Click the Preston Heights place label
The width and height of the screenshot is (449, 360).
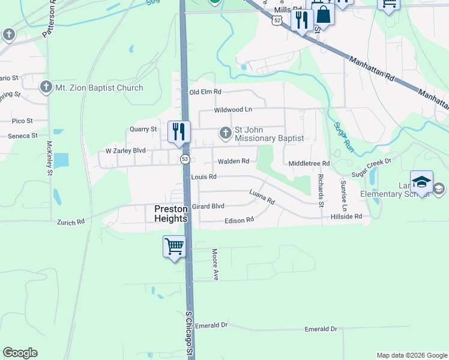tap(171, 214)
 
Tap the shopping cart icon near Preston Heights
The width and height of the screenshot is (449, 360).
tap(174, 246)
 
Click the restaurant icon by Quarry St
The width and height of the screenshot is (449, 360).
tap(178, 131)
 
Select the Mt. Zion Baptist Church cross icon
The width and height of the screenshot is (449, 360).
tap(46, 88)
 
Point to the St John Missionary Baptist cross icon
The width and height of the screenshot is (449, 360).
tap(226, 132)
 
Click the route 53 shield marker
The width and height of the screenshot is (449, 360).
tap(185, 159)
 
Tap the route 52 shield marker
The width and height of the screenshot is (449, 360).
tap(276, 20)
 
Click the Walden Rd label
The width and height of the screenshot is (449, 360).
tap(234, 161)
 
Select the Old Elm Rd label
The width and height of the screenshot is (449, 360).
tap(205, 92)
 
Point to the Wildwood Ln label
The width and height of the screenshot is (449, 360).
tap(234, 110)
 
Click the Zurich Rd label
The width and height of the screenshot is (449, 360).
tap(71, 222)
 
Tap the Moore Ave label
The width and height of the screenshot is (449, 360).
tap(214, 265)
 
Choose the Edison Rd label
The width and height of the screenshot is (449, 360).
tap(239, 220)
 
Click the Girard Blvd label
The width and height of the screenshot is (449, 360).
tap(208, 206)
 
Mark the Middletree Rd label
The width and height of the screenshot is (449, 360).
tap(309, 163)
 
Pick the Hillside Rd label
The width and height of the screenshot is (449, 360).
tap(346, 216)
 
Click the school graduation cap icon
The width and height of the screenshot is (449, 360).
tap(421, 182)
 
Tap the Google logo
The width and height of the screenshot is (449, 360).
tap(20, 353)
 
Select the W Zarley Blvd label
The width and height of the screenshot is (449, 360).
tap(126, 151)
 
